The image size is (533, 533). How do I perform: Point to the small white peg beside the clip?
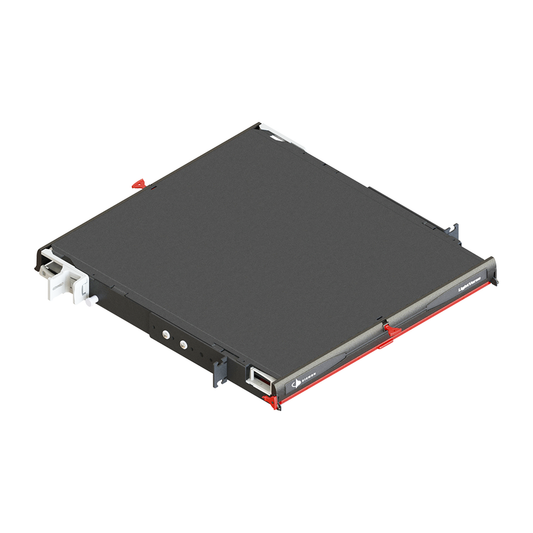point(89,297)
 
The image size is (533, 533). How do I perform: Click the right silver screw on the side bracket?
point(183,344)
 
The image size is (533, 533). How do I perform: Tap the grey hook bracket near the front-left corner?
point(214,372)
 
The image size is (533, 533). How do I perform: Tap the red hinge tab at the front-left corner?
point(270,402)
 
